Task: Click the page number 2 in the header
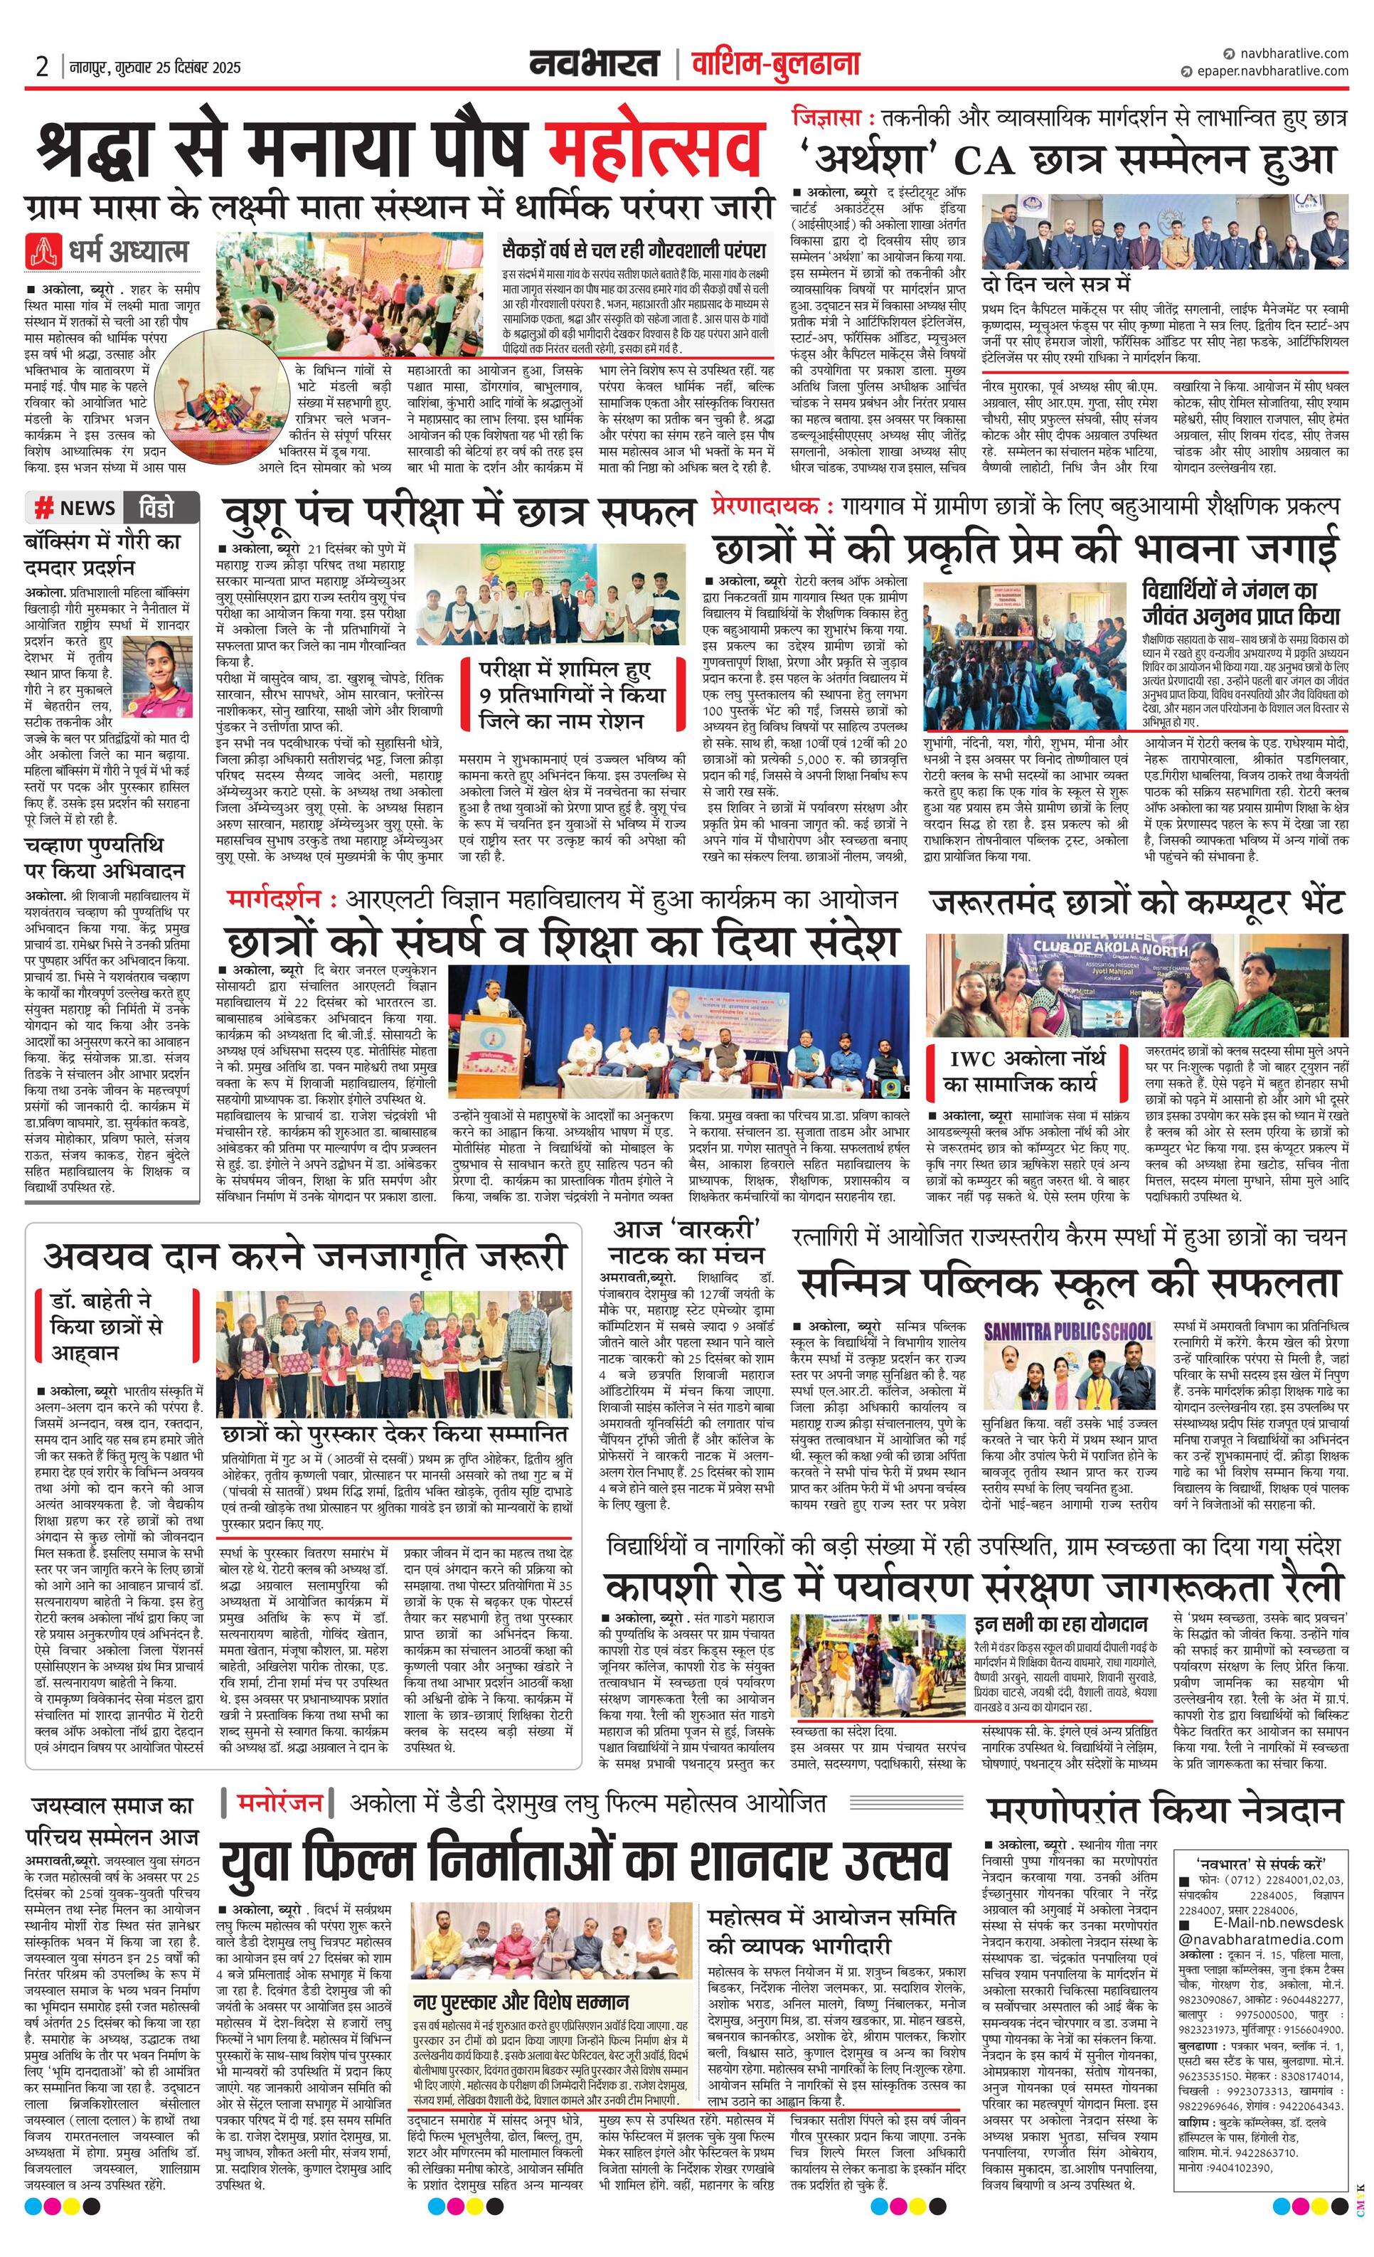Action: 42,67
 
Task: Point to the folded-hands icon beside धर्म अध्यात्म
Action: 44,250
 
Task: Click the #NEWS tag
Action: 76,507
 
